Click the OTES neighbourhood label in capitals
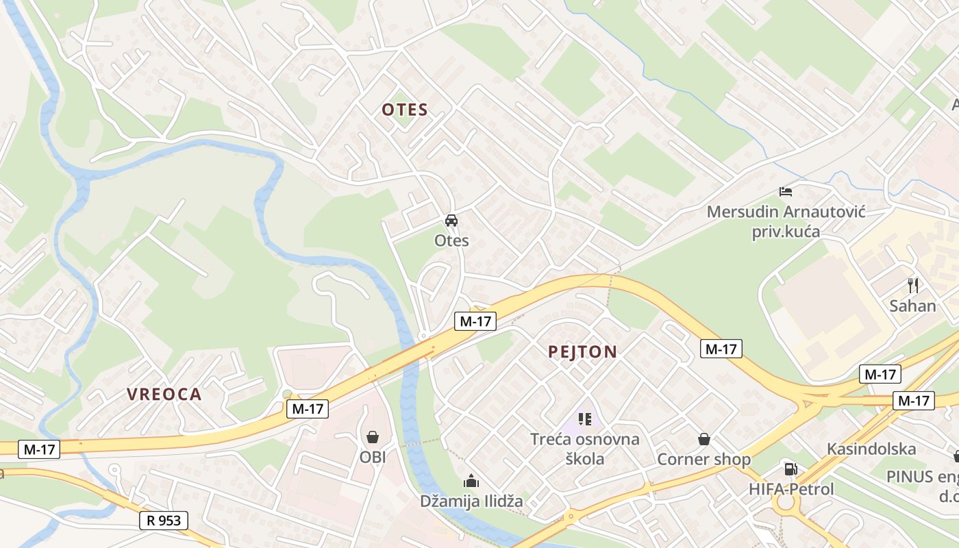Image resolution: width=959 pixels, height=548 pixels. [x=404, y=110]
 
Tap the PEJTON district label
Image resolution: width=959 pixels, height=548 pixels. [x=582, y=352]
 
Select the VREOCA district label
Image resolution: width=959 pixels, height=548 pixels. [x=164, y=394]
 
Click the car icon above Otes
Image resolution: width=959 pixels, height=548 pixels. [x=451, y=221]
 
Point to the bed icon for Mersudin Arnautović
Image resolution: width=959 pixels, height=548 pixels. [x=786, y=192]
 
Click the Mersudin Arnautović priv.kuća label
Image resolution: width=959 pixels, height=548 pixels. [x=786, y=221]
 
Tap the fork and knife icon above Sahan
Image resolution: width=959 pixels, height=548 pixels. [x=912, y=285]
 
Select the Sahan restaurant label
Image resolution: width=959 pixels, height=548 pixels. [x=912, y=306]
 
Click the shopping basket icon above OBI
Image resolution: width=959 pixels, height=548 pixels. [x=373, y=436]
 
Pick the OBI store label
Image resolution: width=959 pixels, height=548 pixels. [x=373, y=456]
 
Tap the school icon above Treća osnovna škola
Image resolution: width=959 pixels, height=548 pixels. [x=584, y=419]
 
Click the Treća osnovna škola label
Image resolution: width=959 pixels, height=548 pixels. [x=585, y=449]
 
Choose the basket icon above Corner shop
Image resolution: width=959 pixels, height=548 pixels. [x=704, y=439]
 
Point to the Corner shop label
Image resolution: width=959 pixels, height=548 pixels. [x=704, y=459]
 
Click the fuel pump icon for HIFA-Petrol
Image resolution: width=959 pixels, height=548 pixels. [x=791, y=469]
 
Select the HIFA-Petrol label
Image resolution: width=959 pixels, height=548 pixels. [x=791, y=489]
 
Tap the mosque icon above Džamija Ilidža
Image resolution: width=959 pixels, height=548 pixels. [x=471, y=481]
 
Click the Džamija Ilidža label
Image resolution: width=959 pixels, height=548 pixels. [x=471, y=501]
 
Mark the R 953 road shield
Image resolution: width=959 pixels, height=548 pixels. [x=164, y=521]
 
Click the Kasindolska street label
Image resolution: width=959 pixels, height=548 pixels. [x=871, y=449]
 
